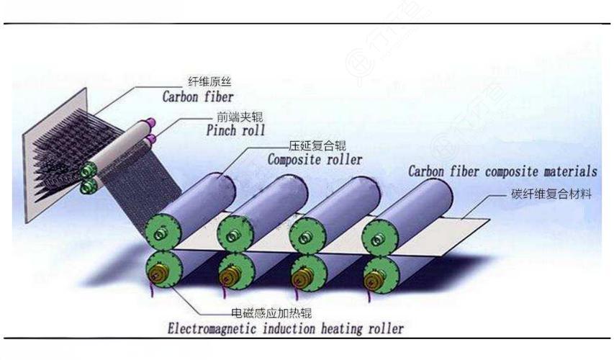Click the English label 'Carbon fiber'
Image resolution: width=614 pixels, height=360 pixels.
pyautogui.click(x=197, y=95)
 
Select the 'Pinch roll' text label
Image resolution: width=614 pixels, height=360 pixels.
pyautogui.click(x=235, y=130)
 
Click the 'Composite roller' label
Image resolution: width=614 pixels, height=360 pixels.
pyautogui.click(x=315, y=159)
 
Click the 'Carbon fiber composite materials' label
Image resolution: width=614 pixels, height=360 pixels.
pyautogui.click(x=502, y=171)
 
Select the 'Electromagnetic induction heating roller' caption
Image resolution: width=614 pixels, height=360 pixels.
pyautogui.click(x=286, y=328)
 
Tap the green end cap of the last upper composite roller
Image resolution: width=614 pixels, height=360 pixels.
pyautogui.click(x=378, y=232)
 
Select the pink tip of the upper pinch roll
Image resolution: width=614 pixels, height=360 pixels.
pyautogui.click(x=150, y=124)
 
